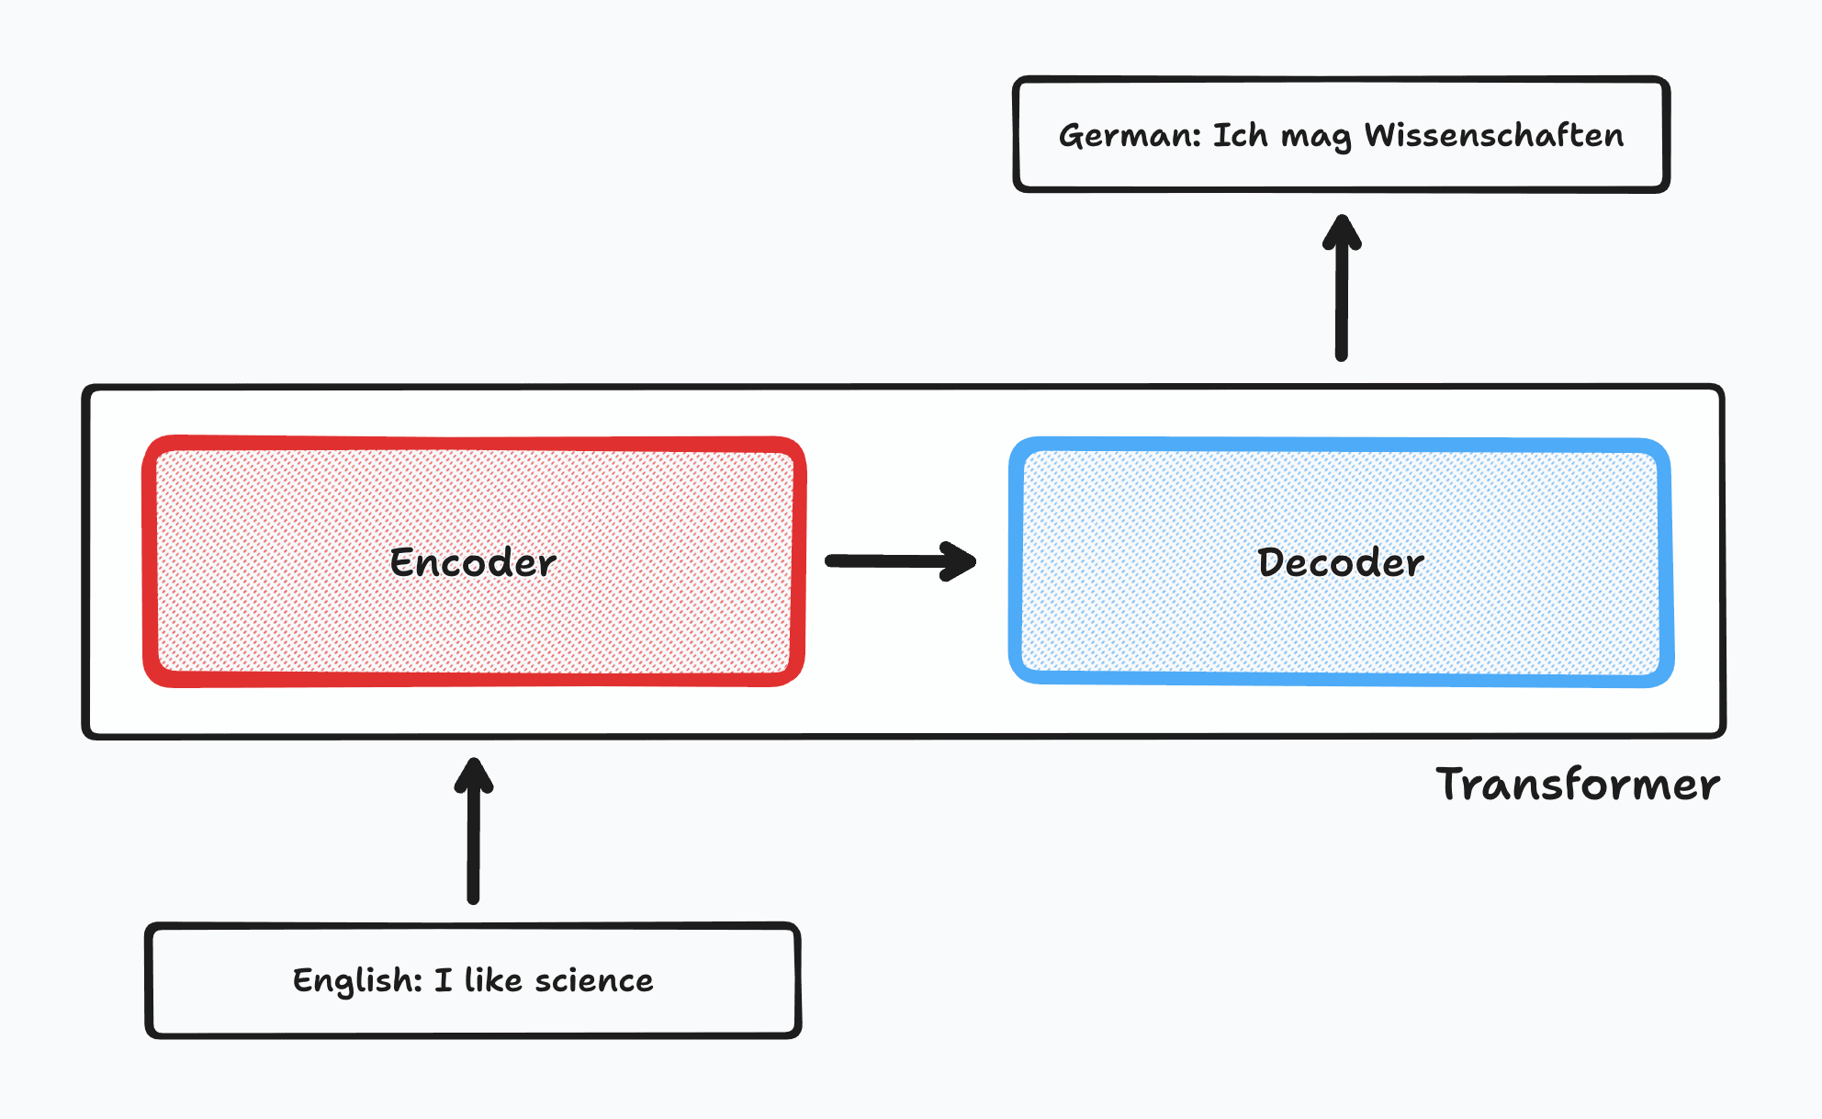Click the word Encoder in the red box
point(473,562)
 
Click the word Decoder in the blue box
point(1341,562)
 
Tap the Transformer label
point(1578,785)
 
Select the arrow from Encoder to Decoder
point(900,560)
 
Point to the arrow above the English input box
point(474,831)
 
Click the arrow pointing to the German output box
point(1342,288)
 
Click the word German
point(1129,136)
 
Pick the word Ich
point(1240,135)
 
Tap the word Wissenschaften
point(1494,135)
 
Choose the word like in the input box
point(493,980)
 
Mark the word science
point(594,980)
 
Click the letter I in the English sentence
point(444,980)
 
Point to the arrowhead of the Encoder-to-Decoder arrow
point(960,561)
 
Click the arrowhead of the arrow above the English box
point(474,774)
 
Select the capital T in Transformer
point(1455,784)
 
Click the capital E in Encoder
point(402,562)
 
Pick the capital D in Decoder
point(1272,562)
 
